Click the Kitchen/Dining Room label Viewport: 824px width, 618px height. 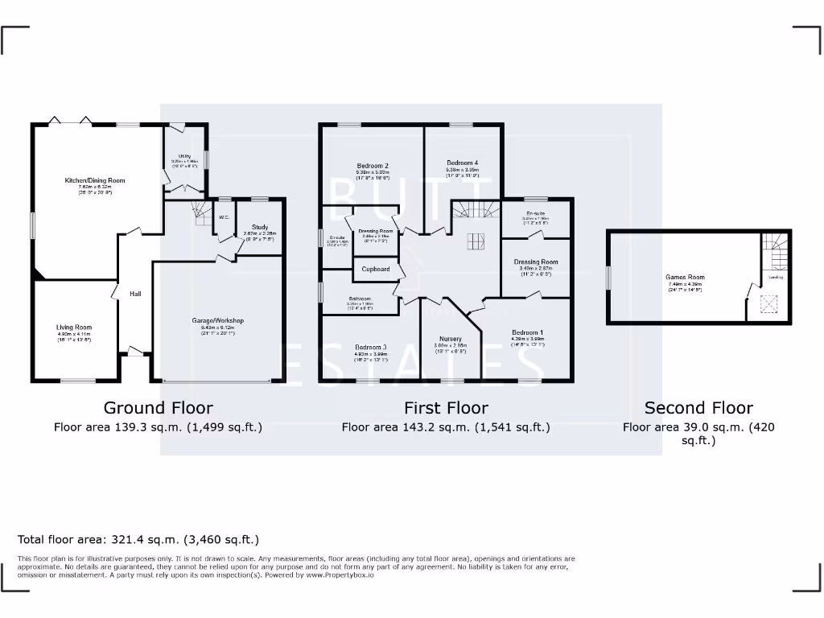point(95,181)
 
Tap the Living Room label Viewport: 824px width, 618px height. point(74,328)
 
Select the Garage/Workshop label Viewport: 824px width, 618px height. point(217,321)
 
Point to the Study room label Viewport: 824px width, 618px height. point(259,227)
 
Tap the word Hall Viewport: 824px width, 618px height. point(135,294)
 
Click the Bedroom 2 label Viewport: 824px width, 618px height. point(373,166)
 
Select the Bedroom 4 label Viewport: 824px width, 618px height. point(463,163)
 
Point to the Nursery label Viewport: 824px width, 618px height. point(451,339)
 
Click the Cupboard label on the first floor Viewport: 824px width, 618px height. point(376,269)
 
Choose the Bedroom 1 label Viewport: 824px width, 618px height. point(527,332)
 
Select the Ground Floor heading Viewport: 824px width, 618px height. point(159,408)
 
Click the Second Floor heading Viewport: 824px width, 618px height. point(698,408)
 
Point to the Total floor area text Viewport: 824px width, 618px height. point(138,539)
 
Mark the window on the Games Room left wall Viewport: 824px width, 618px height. point(608,277)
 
